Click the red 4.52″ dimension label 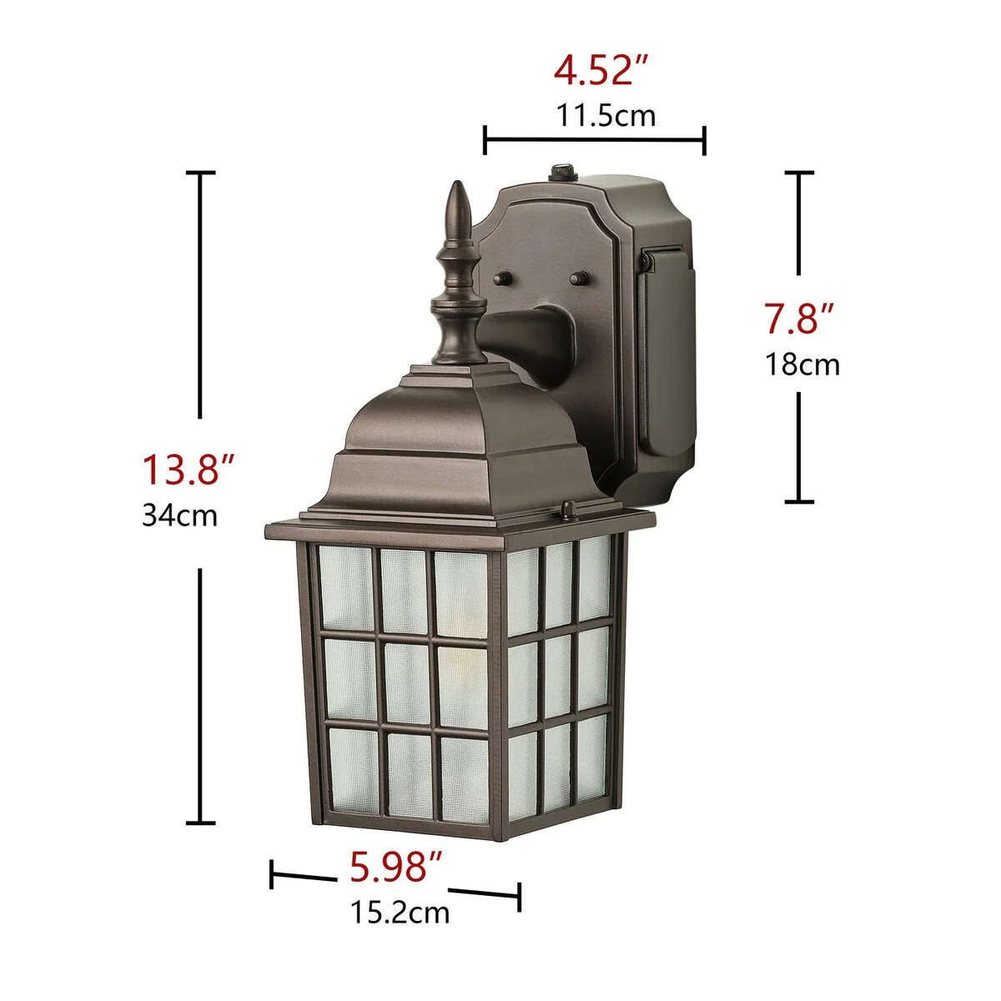click(x=601, y=71)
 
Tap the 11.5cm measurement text click(x=606, y=115)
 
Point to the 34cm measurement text click(x=179, y=516)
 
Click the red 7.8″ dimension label click(x=799, y=318)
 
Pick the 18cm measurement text click(x=802, y=365)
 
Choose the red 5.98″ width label click(x=395, y=867)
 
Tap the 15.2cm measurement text click(x=400, y=913)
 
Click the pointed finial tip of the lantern click(x=458, y=183)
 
